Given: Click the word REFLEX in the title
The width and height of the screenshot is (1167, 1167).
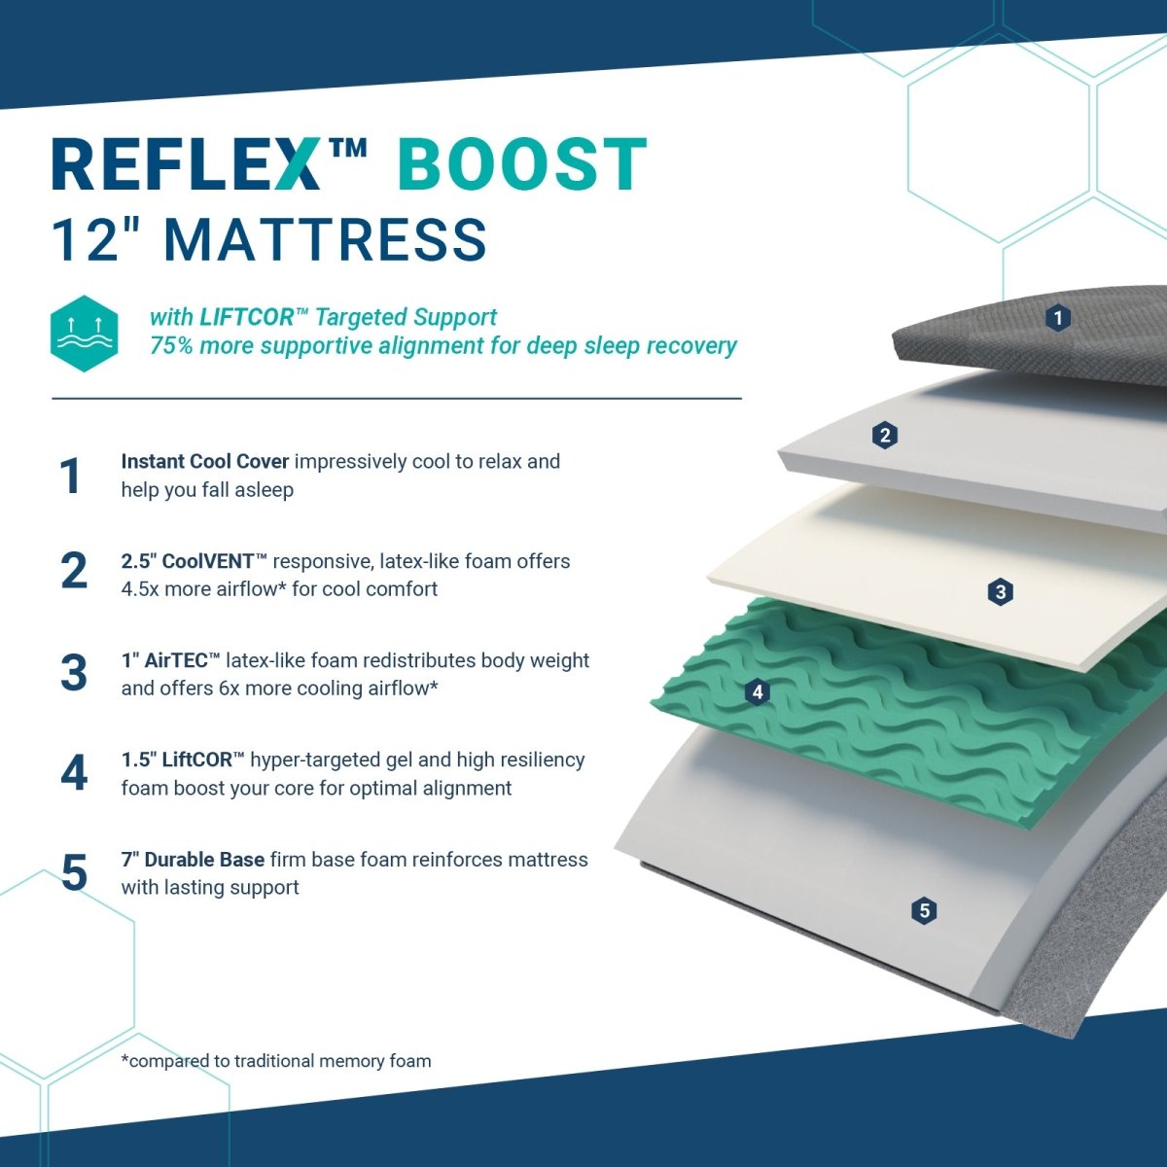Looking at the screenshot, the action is click(x=186, y=164).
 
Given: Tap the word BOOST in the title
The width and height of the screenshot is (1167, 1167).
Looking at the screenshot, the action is click(x=522, y=164).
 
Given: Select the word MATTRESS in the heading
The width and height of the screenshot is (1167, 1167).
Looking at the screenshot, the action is click(x=326, y=240).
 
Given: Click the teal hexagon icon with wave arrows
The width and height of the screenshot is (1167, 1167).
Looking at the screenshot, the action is click(x=85, y=334).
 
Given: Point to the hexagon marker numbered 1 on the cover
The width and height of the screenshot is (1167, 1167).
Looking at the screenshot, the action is click(x=1058, y=318).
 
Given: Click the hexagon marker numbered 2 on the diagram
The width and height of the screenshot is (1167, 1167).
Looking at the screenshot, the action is click(x=885, y=436).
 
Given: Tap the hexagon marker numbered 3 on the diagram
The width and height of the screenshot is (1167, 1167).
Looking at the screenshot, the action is click(x=1000, y=591).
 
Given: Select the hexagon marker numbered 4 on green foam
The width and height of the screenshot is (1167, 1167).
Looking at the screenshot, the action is click(x=757, y=691).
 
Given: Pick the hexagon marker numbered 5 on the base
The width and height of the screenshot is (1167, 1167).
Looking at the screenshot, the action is click(x=924, y=910).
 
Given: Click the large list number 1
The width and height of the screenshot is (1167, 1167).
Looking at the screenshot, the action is click(x=71, y=476).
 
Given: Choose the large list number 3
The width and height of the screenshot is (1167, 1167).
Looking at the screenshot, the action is click(x=74, y=673).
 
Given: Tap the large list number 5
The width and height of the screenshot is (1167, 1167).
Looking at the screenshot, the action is click(x=75, y=872).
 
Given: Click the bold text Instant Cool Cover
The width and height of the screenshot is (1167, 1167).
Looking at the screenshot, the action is click(x=204, y=462).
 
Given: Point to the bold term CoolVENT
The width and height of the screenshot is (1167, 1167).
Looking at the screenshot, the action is click(x=208, y=561).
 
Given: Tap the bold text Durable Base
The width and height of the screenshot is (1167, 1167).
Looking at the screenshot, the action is click(x=204, y=860).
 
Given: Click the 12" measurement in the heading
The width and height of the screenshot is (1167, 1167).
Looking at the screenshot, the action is click(x=95, y=240).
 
